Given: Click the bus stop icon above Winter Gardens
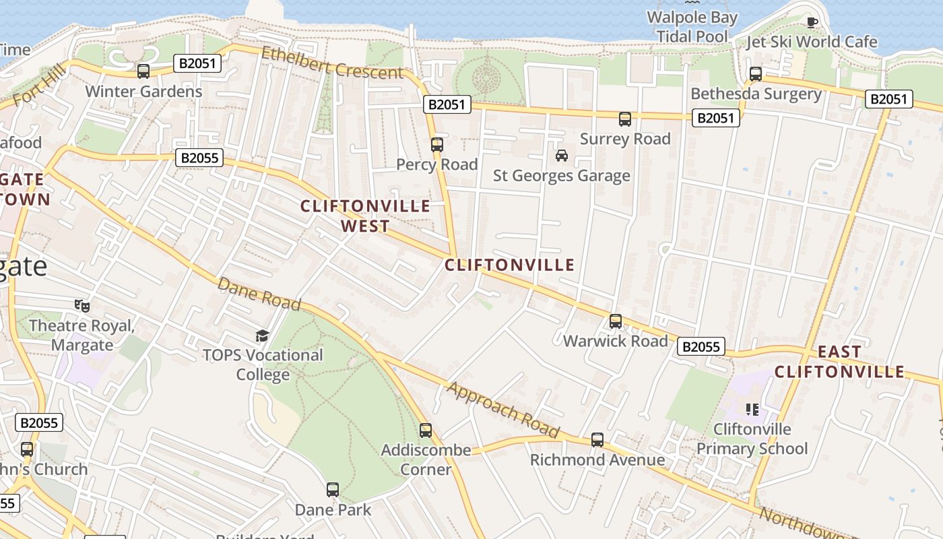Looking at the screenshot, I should (x=143, y=71).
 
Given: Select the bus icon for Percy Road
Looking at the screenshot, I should (x=437, y=144).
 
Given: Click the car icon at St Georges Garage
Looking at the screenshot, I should (x=561, y=156).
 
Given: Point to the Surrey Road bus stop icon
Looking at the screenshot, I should (x=625, y=119).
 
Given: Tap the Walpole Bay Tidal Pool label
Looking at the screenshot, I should (x=692, y=27).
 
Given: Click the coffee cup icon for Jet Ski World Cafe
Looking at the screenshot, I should (x=812, y=22).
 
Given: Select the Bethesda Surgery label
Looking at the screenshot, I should (x=756, y=94).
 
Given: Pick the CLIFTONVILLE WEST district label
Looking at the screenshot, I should (x=365, y=216).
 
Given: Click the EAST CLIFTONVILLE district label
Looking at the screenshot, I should (x=839, y=362).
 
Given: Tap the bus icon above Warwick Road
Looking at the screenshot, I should (x=615, y=321).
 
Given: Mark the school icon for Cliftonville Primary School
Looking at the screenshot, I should (x=752, y=409).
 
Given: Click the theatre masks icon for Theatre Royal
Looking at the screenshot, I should (x=82, y=306).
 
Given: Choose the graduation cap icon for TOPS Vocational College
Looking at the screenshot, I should (x=262, y=335).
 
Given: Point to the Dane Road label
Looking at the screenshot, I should (x=259, y=294).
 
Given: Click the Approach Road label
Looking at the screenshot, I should (x=503, y=410).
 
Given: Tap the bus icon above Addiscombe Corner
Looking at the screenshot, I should (x=425, y=430).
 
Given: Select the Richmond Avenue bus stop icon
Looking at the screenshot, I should (x=597, y=440).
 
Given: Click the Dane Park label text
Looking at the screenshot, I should (x=333, y=509).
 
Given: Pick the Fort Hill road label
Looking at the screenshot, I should (x=40, y=84).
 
